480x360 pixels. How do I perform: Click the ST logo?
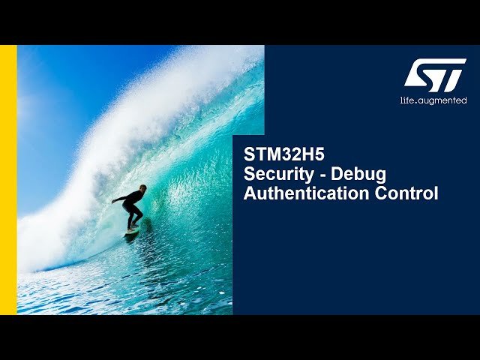[435, 75]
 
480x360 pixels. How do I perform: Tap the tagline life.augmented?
[433, 100]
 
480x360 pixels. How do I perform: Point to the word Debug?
[358, 175]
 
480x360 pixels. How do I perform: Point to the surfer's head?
[142, 188]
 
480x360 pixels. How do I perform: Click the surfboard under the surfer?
[133, 231]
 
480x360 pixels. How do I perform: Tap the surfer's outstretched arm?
[119, 199]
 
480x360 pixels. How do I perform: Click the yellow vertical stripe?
[8, 180]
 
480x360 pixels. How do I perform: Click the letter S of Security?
[249, 174]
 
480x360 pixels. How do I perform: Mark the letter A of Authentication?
[250, 193]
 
